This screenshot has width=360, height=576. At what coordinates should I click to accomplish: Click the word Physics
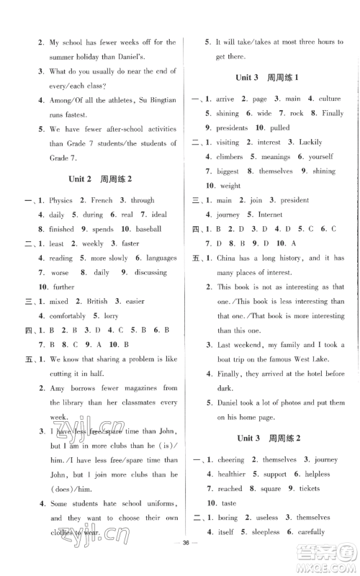[x=61, y=201]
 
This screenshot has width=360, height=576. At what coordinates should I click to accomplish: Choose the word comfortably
[x=70, y=316]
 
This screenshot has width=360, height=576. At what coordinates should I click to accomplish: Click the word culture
[x=325, y=99]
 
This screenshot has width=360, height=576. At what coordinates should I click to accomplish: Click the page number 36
[x=180, y=562]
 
